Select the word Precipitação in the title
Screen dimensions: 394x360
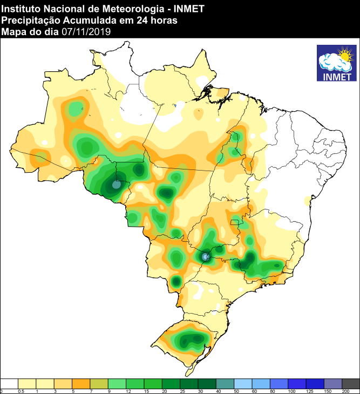click(27, 20)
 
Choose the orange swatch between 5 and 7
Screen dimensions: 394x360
click(81, 383)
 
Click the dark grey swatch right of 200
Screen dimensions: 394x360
click(351, 383)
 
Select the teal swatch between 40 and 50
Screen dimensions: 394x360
click(225, 383)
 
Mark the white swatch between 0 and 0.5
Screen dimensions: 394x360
click(10, 383)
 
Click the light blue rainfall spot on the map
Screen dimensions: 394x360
click(206, 257)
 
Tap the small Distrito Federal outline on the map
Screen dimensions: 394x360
click(235, 222)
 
